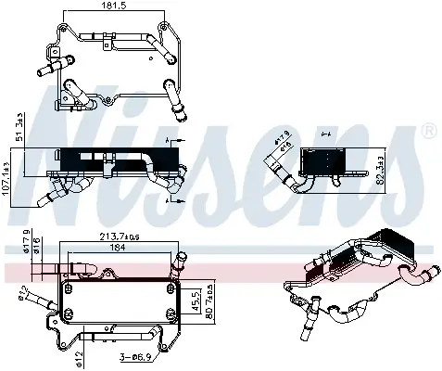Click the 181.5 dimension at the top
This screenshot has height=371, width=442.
click(x=111, y=7)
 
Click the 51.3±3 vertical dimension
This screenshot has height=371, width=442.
click(x=19, y=128)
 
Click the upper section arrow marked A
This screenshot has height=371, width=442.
click(x=169, y=140)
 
